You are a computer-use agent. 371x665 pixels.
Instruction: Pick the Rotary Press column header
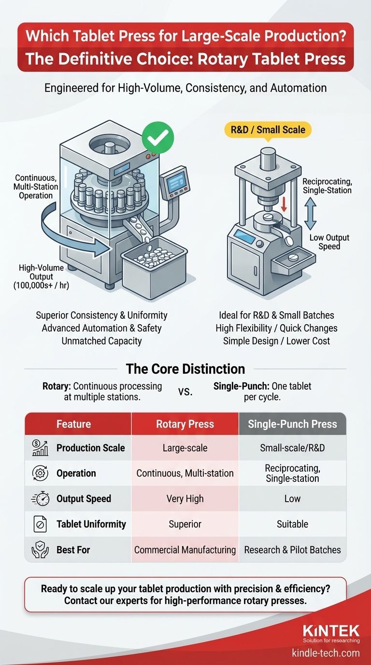tap(185, 424)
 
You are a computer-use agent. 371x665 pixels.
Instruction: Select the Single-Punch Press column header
tap(292, 424)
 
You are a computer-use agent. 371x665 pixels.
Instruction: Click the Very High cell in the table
tap(185, 499)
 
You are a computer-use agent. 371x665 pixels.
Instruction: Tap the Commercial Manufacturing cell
tap(185, 549)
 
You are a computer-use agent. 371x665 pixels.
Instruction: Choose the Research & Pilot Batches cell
tap(292, 549)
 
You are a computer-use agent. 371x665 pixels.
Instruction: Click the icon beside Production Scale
tap(40, 448)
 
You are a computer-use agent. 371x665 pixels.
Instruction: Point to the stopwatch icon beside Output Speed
tap(40, 499)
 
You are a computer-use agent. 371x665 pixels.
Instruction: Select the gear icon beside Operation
tap(40, 473)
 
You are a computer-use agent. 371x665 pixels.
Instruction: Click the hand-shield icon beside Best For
tap(40, 549)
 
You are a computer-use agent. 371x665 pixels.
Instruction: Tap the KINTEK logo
tap(331, 631)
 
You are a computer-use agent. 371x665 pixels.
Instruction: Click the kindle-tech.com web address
tap(326, 653)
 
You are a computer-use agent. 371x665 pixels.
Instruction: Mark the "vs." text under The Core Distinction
tap(185, 391)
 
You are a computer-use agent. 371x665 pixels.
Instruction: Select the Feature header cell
tap(73, 424)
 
